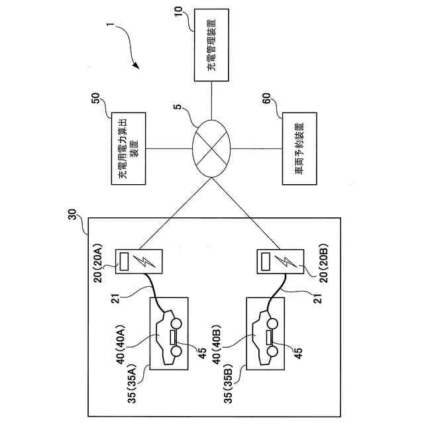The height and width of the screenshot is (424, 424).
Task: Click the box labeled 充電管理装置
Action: (x=211, y=45)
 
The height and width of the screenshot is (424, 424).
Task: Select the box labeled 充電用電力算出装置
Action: (x=129, y=148)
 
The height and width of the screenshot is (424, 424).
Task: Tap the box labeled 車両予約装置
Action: (x=299, y=148)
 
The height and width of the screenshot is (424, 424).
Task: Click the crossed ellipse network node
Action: (x=211, y=148)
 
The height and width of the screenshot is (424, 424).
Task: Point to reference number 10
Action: (x=179, y=11)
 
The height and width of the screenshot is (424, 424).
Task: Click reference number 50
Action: (x=96, y=98)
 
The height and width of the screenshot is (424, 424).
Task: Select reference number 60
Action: (x=266, y=98)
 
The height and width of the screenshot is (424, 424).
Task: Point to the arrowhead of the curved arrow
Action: (x=136, y=65)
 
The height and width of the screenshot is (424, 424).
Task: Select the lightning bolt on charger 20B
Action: (x=286, y=262)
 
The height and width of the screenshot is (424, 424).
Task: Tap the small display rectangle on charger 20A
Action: (x=124, y=261)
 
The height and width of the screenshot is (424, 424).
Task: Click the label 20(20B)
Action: (x=323, y=263)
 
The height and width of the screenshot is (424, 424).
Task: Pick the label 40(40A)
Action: (x=121, y=344)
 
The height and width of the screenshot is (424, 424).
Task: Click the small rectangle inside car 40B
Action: (x=269, y=337)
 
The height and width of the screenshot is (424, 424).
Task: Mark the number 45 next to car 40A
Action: (x=202, y=353)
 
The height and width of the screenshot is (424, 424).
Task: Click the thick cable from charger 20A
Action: (x=155, y=293)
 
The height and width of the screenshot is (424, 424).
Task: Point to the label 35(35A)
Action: (x=132, y=384)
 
